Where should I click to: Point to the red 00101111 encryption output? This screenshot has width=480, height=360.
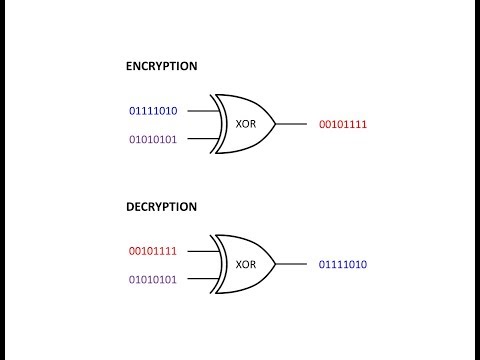[343, 124]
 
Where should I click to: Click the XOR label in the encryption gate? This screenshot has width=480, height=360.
[246, 124]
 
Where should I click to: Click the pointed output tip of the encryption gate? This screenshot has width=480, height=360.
[276, 124]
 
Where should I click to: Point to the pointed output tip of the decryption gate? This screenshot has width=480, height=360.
[276, 264]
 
